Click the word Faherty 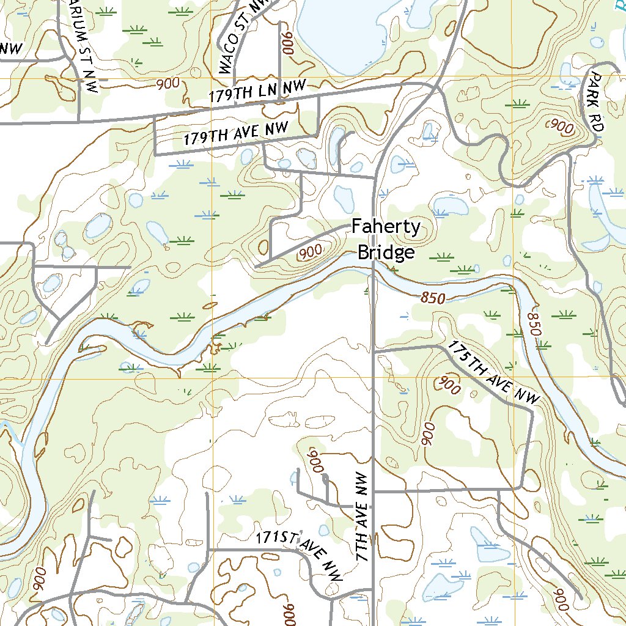tap(386, 228)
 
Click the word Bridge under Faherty tap(386, 252)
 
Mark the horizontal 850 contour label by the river tap(432, 298)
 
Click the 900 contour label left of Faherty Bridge tap(311, 251)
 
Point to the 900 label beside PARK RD tap(561, 127)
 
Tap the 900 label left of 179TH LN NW tap(168, 84)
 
